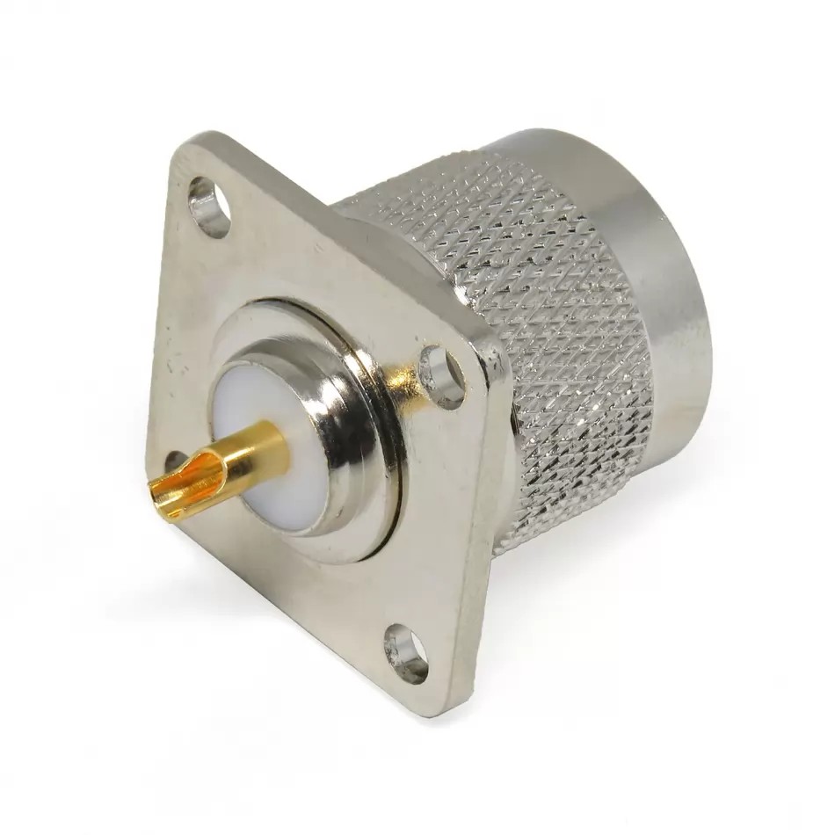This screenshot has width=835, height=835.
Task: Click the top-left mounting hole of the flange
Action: pos(209,207)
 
